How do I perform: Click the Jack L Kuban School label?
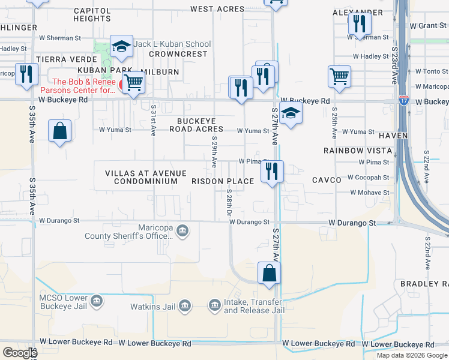tap(172, 44)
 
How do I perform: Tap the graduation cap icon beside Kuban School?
tap(121, 46)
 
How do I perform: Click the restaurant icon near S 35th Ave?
tap(26, 74)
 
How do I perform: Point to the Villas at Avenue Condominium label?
tap(141, 177)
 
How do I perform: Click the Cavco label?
tap(327, 180)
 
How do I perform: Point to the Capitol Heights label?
tap(92, 14)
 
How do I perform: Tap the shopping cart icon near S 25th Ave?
tap(339, 77)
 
